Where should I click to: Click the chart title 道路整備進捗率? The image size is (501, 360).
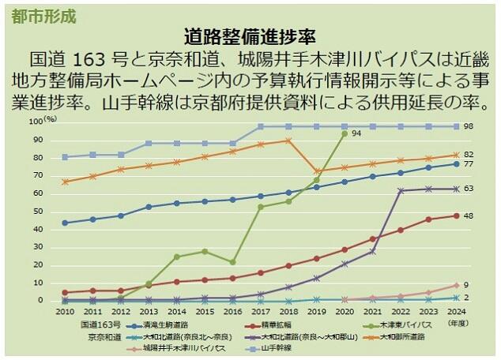250,36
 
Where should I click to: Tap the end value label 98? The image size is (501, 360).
468,127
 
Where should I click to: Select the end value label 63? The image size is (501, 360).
468,189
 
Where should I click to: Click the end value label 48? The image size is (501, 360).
468,216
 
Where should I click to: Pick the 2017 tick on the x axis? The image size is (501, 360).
260,313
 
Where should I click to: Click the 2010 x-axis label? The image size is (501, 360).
65,313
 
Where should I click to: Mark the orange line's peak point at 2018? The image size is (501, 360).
288,141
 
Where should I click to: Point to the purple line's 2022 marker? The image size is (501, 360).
401,190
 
